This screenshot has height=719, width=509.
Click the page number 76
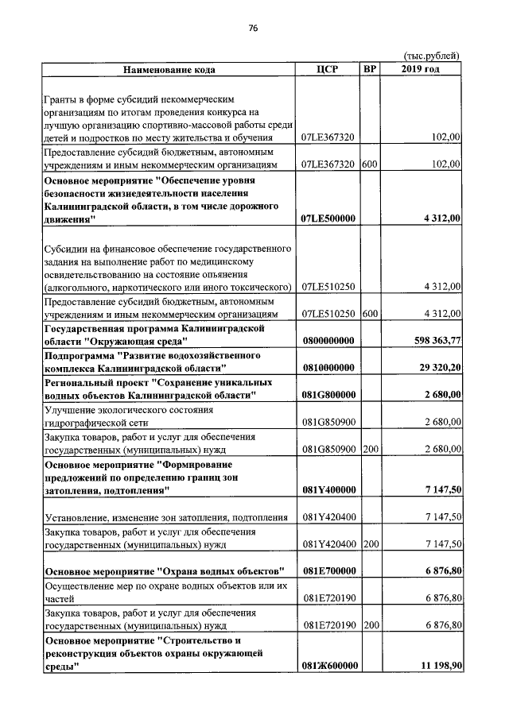(x=254, y=29)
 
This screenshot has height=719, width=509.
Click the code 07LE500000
(x=328, y=218)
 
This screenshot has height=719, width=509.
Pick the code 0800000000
(x=328, y=341)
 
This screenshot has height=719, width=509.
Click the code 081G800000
(x=328, y=395)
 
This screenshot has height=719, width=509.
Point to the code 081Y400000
(x=328, y=490)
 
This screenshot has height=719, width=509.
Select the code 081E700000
(x=328, y=571)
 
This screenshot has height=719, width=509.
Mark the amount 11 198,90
(x=434, y=666)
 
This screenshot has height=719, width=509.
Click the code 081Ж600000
(x=328, y=666)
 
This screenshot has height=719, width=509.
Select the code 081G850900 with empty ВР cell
(x=328, y=422)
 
